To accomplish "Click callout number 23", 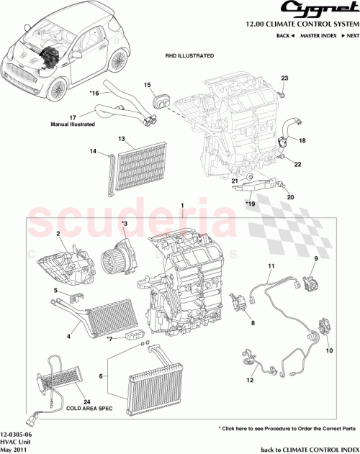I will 284,78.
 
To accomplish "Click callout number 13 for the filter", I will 122,138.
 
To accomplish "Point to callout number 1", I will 183,206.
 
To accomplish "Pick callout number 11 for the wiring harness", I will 271,266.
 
